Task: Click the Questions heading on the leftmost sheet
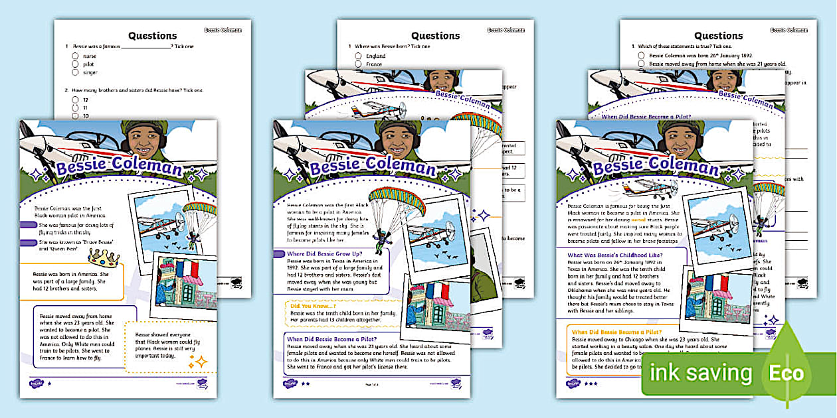pos(152,36)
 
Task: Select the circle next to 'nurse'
pos(76,56)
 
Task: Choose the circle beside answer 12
pos(76,100)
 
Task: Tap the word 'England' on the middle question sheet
pos(375,56)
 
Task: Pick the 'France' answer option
pos(374,64)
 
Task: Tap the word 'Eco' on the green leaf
pos(787,372)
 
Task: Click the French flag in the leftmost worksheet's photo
pos(186,268)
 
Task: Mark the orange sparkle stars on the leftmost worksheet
pos(197,362)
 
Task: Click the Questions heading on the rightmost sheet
pos(719,36)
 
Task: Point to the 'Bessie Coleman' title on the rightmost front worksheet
pos(655,165)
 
